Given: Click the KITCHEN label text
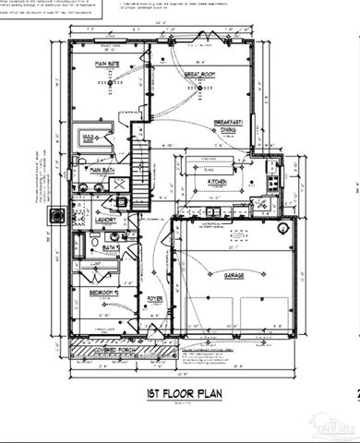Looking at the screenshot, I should click(219, 182).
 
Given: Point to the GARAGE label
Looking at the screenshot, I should click(234, 274).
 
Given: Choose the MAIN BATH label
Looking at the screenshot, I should click(102, 170).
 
